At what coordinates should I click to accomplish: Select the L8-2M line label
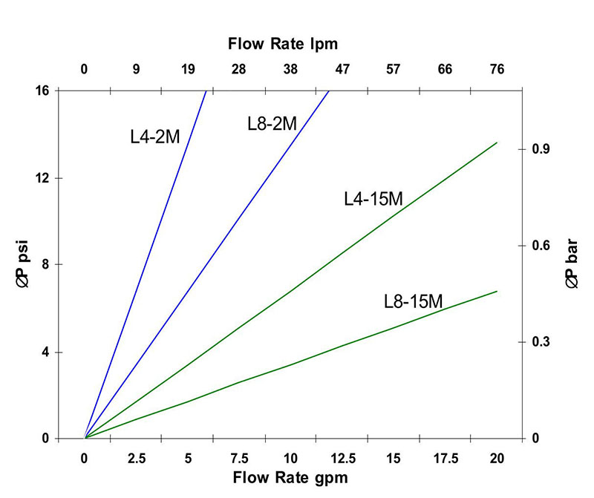(x=272, y=123)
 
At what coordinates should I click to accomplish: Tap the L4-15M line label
(x=373, y=199)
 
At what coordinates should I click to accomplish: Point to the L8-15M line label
(x=414, y=301)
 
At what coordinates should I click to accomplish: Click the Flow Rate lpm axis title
(x=282, y=44)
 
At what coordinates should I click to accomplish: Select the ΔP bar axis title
(x=571, y=264)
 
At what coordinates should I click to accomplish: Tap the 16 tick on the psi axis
(x=43, y=91)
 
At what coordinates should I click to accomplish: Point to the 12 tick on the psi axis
(x=43, y=178)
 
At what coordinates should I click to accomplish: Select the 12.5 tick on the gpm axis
(x=342, y=458)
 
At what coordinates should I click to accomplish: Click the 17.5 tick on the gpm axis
(x=446, y=458)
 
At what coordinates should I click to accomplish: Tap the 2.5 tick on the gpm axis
(x=136, y=458)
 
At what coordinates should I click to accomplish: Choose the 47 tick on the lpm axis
(x=342, y=70)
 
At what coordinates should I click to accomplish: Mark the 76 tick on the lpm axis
(x=497, y=70)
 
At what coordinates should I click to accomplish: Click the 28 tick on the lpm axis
(x=239, y=70)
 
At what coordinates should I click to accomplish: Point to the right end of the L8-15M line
(x=497, y=291)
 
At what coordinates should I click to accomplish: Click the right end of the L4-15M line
(x=497, y=142)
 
